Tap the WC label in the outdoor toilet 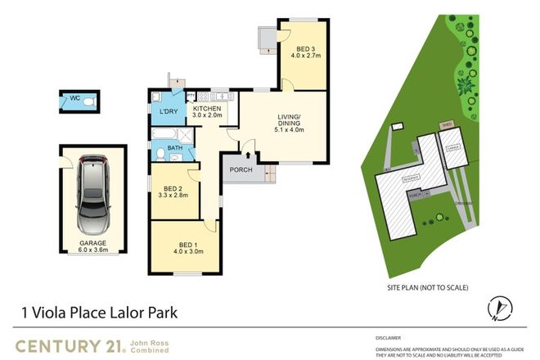pyautogui.click(x=74, y=99)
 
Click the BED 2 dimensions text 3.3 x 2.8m pyautogui.click(x=173, y=195)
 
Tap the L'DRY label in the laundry pyautogui.click(x=169, y=111)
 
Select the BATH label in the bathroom pyautogui.click(x=174, y=148)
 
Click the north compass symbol pyautogui.click(x=499, y=309)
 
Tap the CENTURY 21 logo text pyautogui.click(x=70, y=344)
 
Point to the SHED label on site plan pyautogui.click(x=446, y=126)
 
